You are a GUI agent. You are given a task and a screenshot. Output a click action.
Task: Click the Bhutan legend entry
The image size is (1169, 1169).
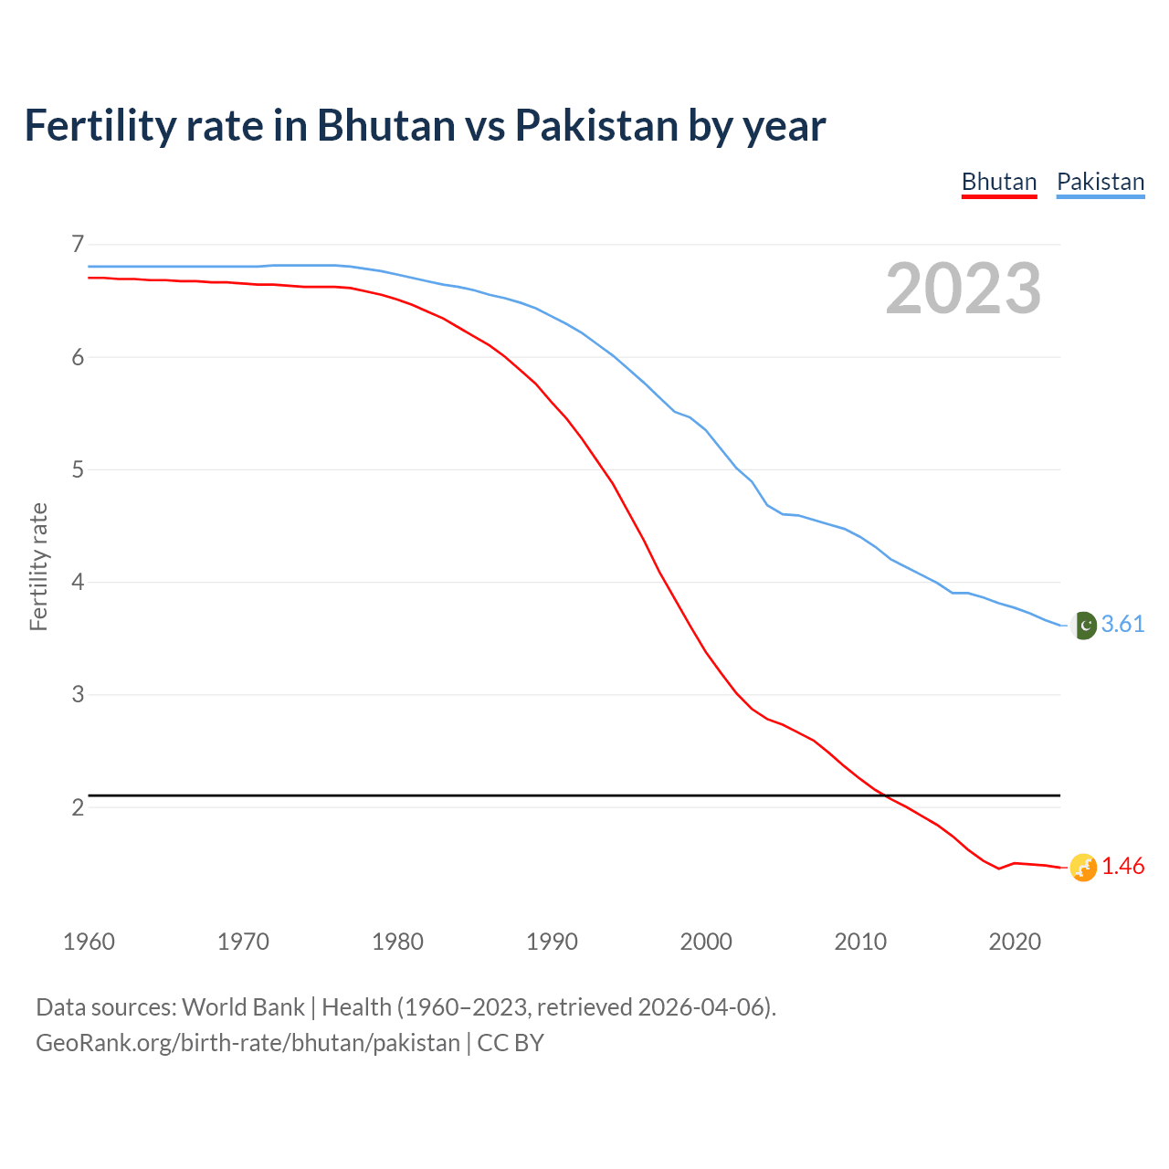(x=999, y=182)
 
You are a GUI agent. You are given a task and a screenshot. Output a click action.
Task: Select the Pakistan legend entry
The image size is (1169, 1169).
(x=1101, y=182)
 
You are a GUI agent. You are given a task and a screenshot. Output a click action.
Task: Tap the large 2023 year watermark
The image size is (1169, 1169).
(x=963, y=289)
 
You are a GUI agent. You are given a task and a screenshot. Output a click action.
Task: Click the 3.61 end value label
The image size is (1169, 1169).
(x=1122, y=624)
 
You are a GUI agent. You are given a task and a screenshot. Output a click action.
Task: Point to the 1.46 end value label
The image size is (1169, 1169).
(x=1122, y=866)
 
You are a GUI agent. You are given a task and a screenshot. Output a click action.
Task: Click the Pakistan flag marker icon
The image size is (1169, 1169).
(x=1083, y=625)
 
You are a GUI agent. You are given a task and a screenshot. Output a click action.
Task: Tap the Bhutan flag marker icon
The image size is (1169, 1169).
(x=1083, y=867)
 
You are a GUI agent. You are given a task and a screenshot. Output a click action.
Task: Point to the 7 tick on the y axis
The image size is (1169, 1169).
(x=78, y=244)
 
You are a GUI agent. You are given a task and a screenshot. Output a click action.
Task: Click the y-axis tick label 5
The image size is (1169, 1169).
(x=78, y=469)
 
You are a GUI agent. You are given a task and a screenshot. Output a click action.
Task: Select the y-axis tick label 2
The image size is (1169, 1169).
(x=78, y=807)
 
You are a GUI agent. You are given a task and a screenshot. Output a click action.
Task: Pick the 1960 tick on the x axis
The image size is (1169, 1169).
(x=89, y=942)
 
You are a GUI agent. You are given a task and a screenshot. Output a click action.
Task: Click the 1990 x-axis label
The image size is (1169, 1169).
(x=552, y=942)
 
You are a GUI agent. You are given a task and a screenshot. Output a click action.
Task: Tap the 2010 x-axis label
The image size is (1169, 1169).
(x=860, y=942)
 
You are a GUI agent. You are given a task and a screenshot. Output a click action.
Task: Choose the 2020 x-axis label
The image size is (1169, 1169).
(x=1015, y=942)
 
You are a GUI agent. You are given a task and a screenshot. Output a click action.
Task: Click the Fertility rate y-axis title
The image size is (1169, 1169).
(x=38, y=566)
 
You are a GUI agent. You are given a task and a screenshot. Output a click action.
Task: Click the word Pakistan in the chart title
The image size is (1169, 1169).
(x=596, y=125)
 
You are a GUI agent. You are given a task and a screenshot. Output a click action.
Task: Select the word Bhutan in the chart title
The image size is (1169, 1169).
(x=386, y=125)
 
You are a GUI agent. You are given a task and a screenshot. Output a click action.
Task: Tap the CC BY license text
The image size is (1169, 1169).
(x=511, y=1043)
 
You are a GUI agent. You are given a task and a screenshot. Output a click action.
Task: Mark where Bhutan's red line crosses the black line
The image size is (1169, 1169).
(x=884, y=795)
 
